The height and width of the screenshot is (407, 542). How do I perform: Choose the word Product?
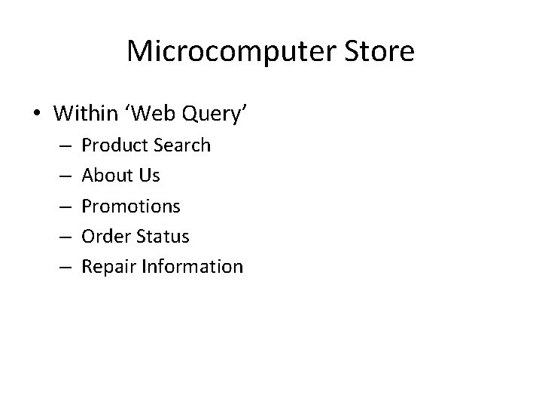pos(113,145)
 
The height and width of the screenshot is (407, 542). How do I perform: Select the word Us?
pos(149,176)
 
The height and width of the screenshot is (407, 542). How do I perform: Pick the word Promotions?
pos(131,206)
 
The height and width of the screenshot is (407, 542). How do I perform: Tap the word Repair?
pos(106,267)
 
